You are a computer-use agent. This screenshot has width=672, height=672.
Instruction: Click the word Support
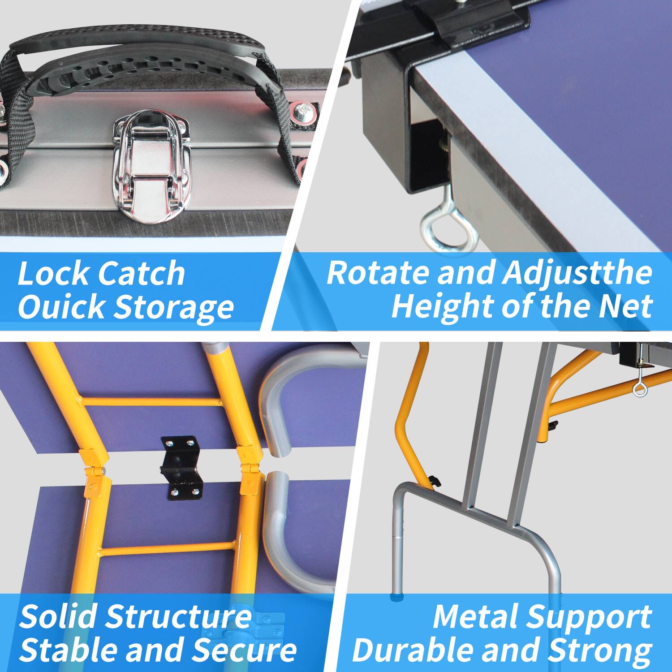click(589, 617)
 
